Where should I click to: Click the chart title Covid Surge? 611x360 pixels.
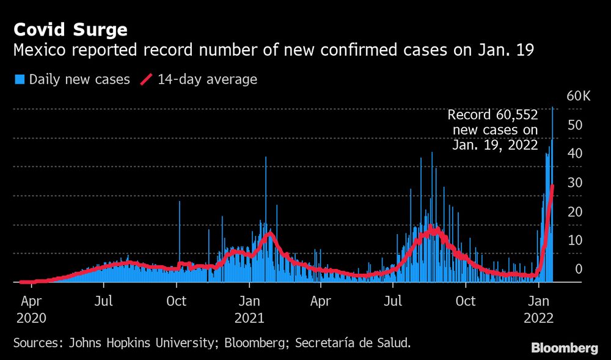coord(71,30)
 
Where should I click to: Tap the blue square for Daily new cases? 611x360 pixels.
coord(20,79)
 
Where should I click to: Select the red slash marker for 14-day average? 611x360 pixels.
coord(147,79)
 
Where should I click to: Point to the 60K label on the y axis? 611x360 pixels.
coord(578,97)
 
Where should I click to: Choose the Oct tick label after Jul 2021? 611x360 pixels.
coord(466,301)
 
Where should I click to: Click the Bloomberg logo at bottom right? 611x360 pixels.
coord(565,348)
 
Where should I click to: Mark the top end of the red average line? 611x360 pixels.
coord(552,186)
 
